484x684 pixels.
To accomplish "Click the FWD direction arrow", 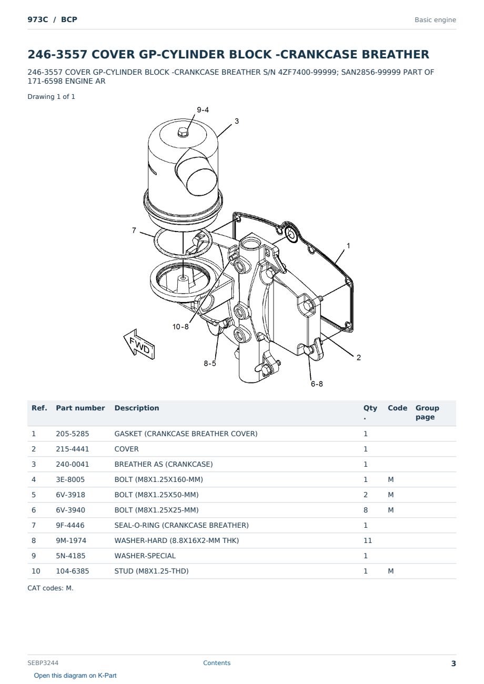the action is [139, 345].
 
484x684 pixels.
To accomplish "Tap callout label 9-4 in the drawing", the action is [203, 110].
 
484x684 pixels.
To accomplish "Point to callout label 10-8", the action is [180, 327].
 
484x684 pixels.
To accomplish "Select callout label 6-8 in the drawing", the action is [317, 384].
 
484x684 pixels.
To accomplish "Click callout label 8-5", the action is [210, 364].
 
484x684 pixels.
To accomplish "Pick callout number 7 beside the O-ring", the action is [134, 230].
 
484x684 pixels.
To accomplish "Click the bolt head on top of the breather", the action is [183, 133].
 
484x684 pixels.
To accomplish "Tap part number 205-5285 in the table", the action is [73, 434].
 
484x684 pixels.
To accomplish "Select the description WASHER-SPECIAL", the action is [145, 556].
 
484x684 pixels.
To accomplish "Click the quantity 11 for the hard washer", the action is [368, 540].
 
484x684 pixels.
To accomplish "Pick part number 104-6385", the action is [73, 571].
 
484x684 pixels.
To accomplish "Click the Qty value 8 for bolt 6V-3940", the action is [366, 510].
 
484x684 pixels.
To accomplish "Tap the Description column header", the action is [137, 408].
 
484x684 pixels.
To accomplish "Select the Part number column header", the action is [80, 408].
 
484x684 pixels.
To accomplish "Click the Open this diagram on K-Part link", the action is [75, 676].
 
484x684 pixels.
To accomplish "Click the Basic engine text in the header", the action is [435, 20].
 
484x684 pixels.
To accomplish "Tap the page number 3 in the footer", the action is [453, 663].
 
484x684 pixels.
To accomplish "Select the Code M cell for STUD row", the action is [390, 571].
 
